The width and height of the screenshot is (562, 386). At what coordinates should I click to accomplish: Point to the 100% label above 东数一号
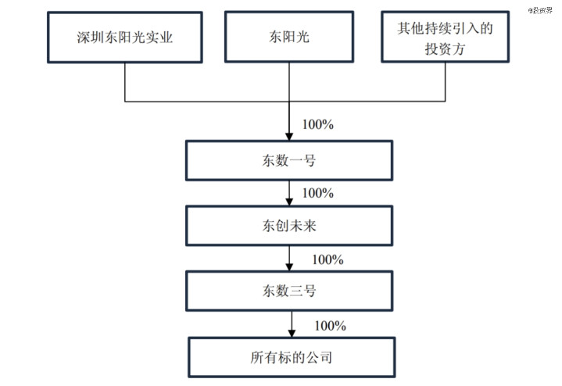[318, 124]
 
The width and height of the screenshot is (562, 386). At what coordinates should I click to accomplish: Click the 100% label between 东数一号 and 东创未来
[318, 193]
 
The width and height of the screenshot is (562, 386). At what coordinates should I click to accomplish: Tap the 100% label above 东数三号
[328, 259]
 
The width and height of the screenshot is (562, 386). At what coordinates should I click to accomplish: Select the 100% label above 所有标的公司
[330, 326]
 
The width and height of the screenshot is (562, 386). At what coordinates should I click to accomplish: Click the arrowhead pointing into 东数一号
[289, 137]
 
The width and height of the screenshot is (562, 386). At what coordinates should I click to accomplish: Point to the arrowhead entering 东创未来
[289, 202]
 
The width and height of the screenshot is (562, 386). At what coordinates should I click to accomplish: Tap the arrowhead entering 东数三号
[289, 267]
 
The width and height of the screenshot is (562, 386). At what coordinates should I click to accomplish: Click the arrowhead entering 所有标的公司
[292, 334]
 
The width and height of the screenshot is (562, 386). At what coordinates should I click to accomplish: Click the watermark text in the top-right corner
[540, 10]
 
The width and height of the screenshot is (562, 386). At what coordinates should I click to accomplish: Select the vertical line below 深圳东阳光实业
[125, 82]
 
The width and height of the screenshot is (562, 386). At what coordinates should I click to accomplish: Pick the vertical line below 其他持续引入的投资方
[446, 82]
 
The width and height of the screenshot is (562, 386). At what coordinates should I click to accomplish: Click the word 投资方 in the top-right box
[446, 48]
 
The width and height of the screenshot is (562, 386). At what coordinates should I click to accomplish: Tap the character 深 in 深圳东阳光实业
[84, 38]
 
